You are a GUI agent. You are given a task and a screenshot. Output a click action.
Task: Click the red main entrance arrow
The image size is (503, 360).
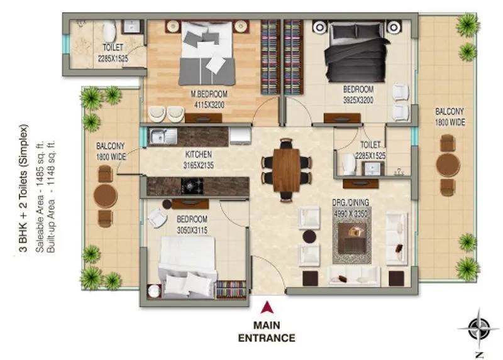267,307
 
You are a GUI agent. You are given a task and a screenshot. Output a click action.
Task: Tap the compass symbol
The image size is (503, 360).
478,326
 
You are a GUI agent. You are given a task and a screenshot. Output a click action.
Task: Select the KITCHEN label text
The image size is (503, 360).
198,155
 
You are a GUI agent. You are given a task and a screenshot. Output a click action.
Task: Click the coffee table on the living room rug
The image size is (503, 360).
352,238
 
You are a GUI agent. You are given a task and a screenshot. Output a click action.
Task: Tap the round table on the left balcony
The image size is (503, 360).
105,196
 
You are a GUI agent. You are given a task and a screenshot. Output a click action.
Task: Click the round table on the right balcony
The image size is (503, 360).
448,165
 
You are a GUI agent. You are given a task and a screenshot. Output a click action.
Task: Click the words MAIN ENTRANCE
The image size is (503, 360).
266,331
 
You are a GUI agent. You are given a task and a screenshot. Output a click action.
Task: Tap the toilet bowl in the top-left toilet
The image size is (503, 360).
109,31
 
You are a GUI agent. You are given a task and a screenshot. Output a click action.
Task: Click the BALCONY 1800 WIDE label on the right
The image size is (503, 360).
450,117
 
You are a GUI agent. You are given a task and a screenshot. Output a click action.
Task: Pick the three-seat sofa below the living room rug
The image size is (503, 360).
353,275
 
